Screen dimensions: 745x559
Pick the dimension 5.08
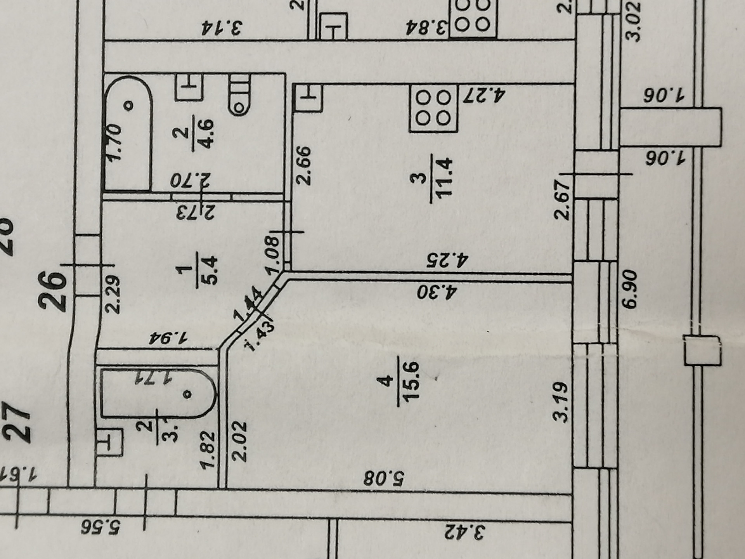click(x=384, y=478)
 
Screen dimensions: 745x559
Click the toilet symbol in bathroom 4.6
click(x=239, y=95)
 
